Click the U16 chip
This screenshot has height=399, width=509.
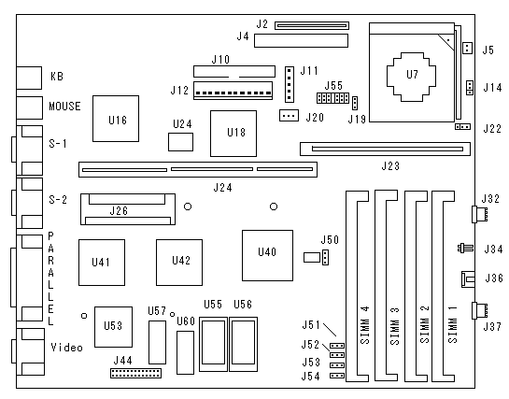[116, 119]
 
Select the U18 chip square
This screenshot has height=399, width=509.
[233, 134]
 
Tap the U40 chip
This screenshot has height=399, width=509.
[267, 255]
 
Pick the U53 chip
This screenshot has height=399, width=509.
[113, 327]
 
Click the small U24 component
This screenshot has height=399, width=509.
[180, 142]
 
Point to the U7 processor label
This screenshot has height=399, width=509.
[412, 75]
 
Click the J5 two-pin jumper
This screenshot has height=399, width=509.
[467, 48]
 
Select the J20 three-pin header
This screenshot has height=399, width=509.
[289, 115]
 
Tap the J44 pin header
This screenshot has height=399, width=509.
[135, 373]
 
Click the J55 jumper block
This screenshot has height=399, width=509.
[332, 98]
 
